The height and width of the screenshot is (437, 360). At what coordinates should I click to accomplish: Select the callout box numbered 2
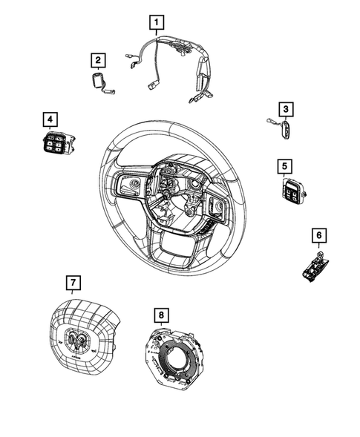[x=98, y=59]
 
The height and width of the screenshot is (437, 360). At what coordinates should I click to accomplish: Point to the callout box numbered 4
[x=49, y=119]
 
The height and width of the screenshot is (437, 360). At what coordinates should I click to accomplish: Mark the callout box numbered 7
[x=73, y=282]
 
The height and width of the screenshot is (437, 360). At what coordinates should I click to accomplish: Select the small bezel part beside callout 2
[x=99, y=82]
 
